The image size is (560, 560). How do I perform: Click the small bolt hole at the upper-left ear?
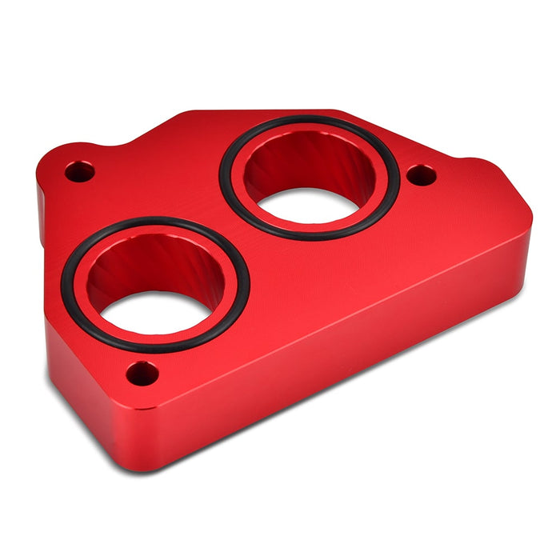pos(78,171)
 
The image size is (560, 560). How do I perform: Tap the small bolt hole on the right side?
pos(422,174)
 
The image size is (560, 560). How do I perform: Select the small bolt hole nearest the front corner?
pos(142,373)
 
